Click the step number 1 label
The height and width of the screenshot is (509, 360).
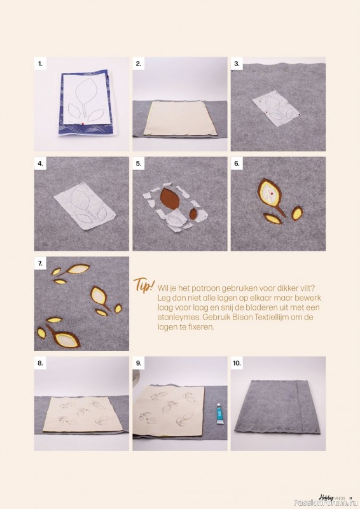(x=40, y=64)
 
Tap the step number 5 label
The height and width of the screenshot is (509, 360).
(x=139, y=164)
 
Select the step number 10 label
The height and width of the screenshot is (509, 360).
(x=237, y=363)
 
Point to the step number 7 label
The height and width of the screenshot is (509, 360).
(x=40, y=263)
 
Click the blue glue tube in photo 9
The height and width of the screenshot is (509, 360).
(x=220, y=414)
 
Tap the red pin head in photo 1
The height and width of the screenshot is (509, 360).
(x=83, y=123)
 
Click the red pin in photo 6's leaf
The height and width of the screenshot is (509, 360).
(x=272, y=193)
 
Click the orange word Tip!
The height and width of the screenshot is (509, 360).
(x=144, y=285)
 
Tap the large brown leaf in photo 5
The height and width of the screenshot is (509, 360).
(x=170, y=199)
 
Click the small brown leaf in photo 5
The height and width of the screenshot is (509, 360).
(x=193, y=214)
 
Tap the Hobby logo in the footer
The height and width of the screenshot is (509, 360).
(x=326, y=497)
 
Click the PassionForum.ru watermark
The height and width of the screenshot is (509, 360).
(x=326, y=503)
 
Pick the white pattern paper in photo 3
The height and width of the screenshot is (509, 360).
(x=276, y=109)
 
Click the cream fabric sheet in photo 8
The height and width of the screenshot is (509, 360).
(x=83, y=414)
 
